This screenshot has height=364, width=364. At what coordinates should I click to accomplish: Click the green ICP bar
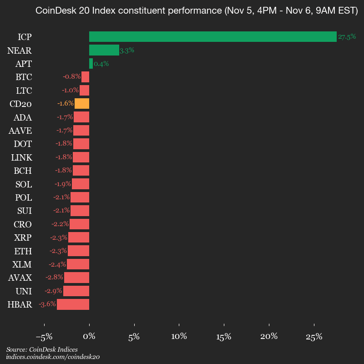[x=212, y=37]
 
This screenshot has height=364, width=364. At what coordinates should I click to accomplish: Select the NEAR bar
[x=104, y=50]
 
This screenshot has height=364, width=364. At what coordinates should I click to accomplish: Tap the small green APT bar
[x=91, y=64]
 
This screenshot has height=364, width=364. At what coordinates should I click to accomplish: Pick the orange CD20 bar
[x=82, y=103]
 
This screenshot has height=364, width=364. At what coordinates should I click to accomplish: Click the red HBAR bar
[x=73, y=304]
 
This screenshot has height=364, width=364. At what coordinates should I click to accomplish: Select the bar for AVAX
[x=76, y=278]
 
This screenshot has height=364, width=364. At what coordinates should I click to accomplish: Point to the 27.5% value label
[x=347, y=37]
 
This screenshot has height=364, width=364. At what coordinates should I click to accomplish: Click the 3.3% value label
[x=126, y=51]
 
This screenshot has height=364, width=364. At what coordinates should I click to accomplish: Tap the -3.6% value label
[x=47, y=304]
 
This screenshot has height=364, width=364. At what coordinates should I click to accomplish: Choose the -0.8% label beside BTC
[x=72, y=77]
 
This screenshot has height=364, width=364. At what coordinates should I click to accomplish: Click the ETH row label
[x=23, y=251]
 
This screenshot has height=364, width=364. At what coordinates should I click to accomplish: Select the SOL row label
[x=23, y=184]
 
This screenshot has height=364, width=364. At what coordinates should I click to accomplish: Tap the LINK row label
[x=21, y=157]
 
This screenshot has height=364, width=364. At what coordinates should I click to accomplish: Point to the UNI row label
[x=24, y=291]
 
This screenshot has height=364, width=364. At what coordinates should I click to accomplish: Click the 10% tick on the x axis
[x=179, y=337]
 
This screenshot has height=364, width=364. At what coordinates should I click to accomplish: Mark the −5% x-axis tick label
[x=44, y=337]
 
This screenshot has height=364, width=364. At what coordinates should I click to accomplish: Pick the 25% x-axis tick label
[x=314, y=337]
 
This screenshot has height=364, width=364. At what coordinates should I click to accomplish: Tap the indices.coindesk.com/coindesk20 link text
[x=53, y=357]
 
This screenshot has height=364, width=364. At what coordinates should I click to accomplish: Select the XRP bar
[x=79, y=238]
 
